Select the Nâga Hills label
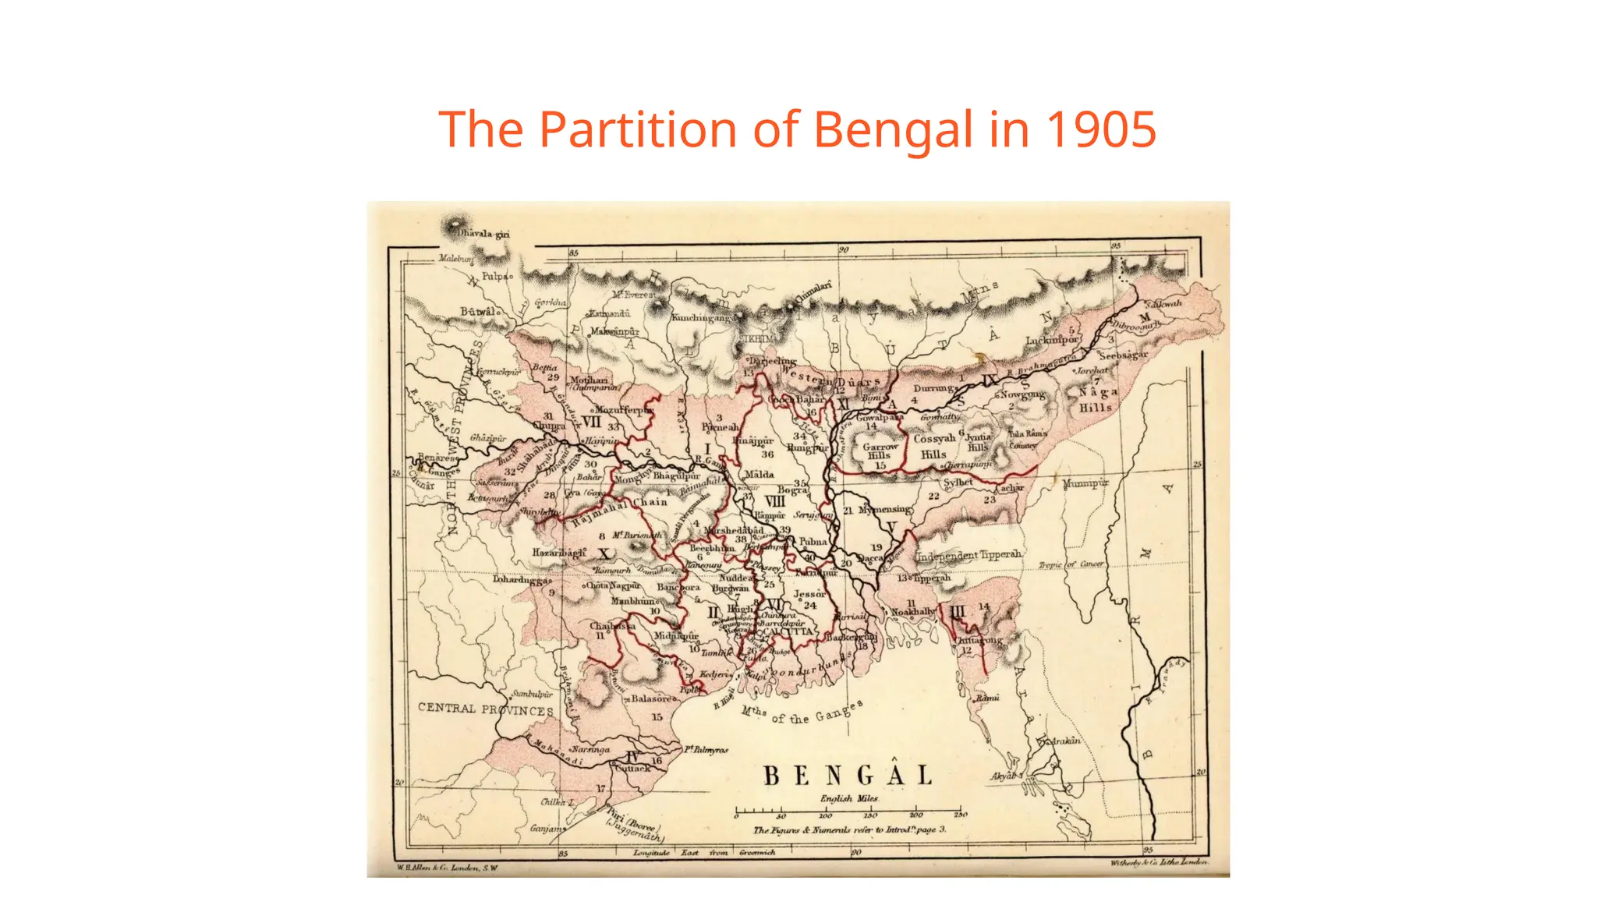(1098, 399)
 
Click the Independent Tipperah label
(968, 555)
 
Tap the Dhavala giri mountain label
(483, 233)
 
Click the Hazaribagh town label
(558, 552)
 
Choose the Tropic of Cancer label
(1071, 564)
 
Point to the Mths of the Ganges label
(802, 712)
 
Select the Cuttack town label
(632, 768)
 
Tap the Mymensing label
(884, 510)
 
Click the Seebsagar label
(1123, 355)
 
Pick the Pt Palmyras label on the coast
(706, 750)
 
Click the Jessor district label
(809, 594)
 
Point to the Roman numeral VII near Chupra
(591, 422)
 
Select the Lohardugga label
(521, 579)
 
